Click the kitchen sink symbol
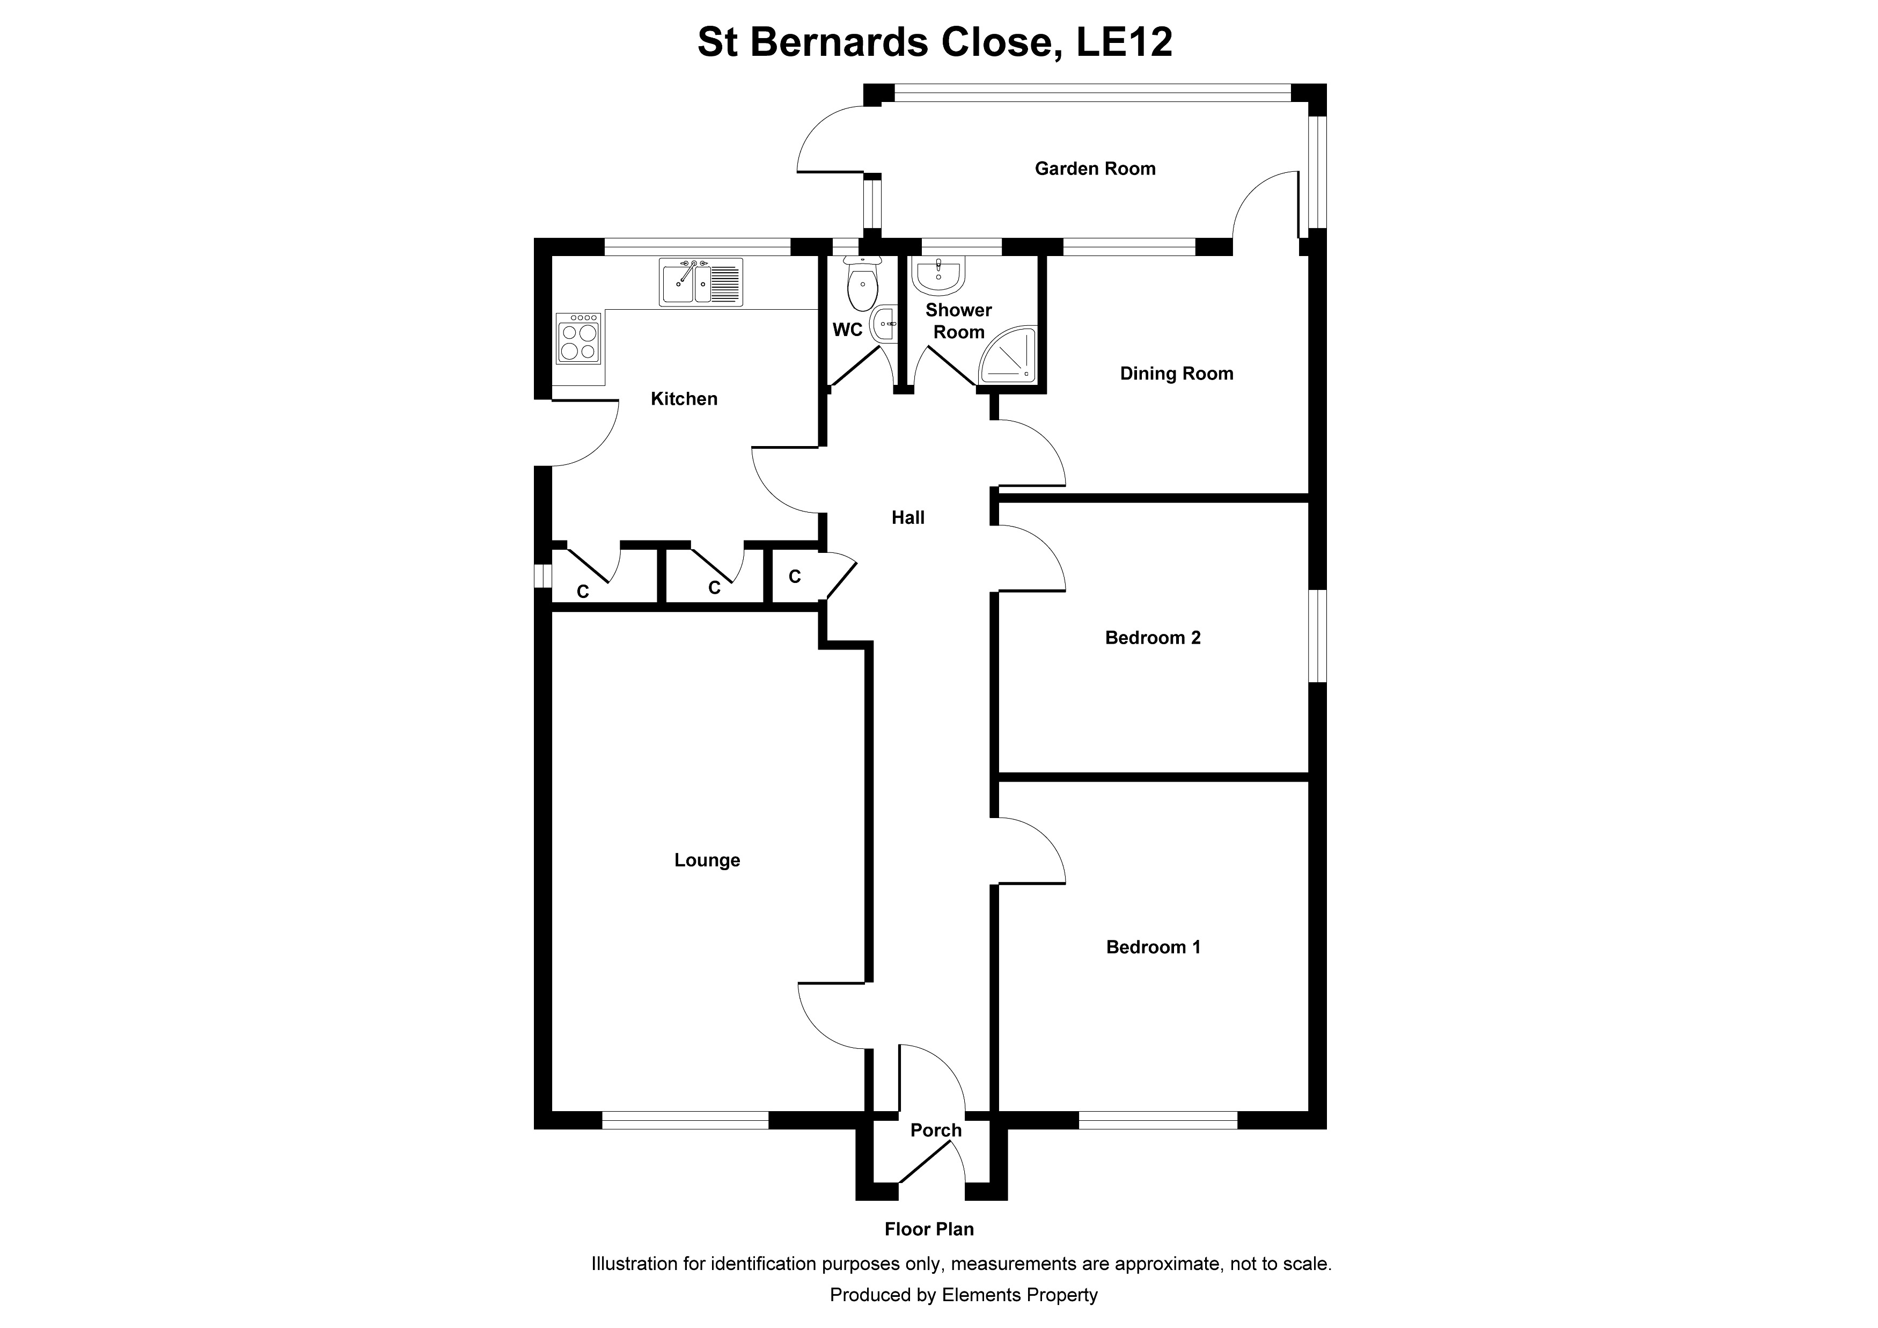pyautogui.click(x=700, y=282)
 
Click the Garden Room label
pyautogui.click(x=1095, y=169)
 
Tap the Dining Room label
pyautogui.click(x=1176, y=374)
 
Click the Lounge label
pyautogui.click(x=707, y=860)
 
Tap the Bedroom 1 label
pyautogui.click(x=1153, y=947)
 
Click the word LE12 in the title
pyautogui.click(x=1124, y=42)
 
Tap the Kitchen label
pyautogui.click(x=684, y=398)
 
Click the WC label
pyautogui.click(x=847, y=330)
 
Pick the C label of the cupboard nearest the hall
pyautogui.click(x=794, y=577)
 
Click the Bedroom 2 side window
pyautogui.click(x=1316, y=635)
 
